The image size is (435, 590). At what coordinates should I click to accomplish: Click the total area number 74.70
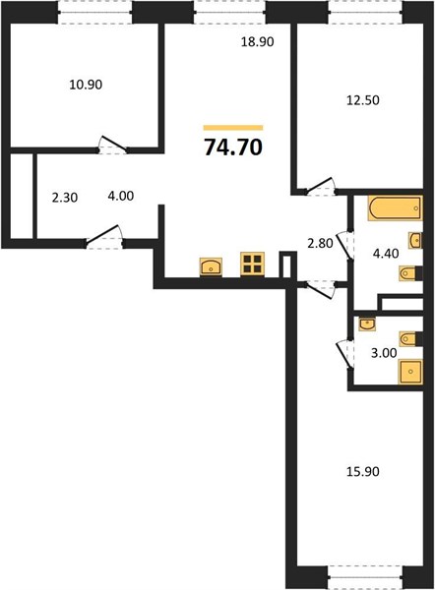tap(233, 147)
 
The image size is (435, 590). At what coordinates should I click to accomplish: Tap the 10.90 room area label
tap(86, 85)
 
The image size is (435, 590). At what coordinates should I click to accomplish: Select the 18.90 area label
tap(257, 41)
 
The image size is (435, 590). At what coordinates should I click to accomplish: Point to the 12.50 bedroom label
tap(363, 100)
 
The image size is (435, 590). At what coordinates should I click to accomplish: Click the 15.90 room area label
tap(363, 471)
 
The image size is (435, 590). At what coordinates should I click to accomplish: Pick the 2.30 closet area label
tap(65, 198)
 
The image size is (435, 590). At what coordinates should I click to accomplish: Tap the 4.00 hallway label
tap(121, 196)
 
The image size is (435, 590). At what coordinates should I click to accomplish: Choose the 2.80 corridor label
tap(320, 244)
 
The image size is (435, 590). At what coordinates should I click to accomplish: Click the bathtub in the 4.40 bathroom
tap(395, 207)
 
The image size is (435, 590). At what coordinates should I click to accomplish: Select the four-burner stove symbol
tap(252, 264)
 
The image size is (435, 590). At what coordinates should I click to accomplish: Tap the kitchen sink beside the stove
tap(211, 266)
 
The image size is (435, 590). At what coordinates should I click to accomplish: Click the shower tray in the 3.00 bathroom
tap(410, 372)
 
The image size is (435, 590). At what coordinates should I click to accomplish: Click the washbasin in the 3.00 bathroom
tap(367, 324)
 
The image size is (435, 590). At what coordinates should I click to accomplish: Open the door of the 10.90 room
tap(112, 145)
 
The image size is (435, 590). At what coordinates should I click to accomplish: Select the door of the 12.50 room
tap(320, 187)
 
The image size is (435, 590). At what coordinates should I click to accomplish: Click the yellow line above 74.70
tap(233, 128)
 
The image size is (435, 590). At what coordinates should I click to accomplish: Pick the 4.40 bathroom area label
tap(386, 254)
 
